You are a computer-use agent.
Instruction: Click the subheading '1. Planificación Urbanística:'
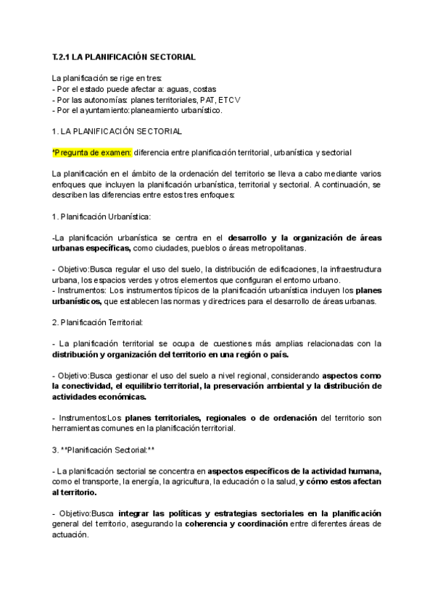(101, 216)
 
